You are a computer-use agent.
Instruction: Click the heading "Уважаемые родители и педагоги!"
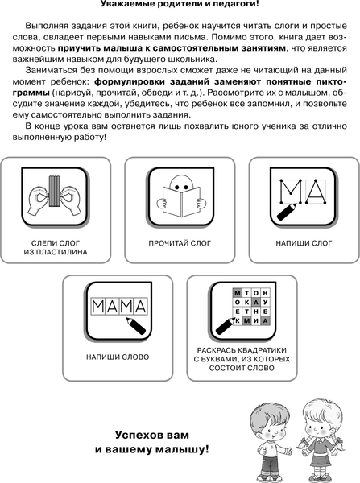pos(180,6)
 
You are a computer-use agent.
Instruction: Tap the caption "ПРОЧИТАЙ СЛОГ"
pos(180,242)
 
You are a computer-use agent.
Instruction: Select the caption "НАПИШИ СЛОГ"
pos(298,242)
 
